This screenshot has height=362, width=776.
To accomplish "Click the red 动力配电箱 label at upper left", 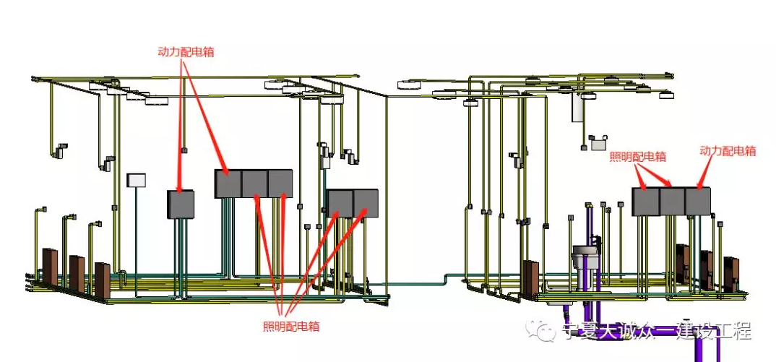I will (186, 52).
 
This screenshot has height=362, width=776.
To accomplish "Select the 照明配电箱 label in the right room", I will (638, 156).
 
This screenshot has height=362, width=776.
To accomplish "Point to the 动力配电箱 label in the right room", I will (728, 151).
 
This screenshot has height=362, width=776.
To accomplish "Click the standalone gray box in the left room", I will (181, 204).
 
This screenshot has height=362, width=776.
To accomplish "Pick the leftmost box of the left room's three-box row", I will (228, 184).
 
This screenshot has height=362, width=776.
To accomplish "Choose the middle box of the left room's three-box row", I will (254, 184).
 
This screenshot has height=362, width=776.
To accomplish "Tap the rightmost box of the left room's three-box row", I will (280, 184).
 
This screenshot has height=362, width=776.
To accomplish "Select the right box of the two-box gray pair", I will (366, 203).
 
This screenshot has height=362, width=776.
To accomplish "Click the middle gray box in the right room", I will (672, 201).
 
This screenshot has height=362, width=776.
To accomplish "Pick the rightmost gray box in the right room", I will (698, 200).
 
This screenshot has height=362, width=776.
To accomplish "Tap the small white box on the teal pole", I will (136, 180).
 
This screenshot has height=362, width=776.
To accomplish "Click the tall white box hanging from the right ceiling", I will (578, 107).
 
